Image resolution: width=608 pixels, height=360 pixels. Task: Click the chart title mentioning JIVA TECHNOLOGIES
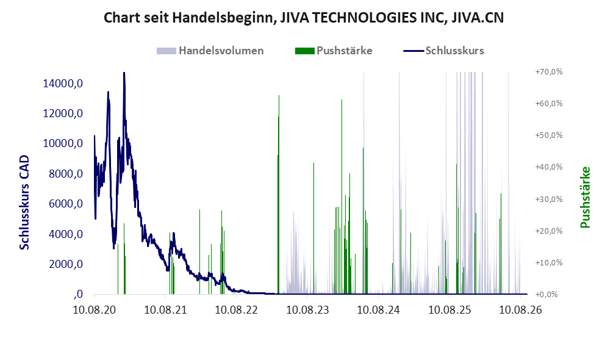pyautogui.click(x=304, y=18)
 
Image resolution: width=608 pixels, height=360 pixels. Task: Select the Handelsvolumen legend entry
pyautogui.click(x=210, y=51)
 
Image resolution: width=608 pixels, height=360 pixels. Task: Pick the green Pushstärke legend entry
pyautogui.click(x=334, y=51)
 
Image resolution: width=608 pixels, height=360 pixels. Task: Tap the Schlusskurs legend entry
pyautogui.click(x=443, y=51)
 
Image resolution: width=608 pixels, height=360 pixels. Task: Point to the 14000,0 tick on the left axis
pyautogui.click(x=63, y=84)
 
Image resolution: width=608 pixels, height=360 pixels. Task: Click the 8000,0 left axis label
pyautogui.click(x=66, y=174)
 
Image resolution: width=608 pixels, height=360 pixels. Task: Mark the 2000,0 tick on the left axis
pyautogui.click(x=66, y=264)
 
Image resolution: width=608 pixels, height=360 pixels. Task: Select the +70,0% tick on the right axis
pyautogui.click(x=549, y=72)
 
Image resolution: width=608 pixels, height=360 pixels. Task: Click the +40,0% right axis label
pyautogui.click(x=549, y=167)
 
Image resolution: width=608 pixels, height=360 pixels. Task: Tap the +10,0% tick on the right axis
pyautogui.click(x=549, y=262)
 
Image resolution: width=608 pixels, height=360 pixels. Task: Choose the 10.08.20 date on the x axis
pyautogui.click(x=95, y=310)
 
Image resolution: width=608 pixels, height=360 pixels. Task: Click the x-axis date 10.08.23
pyautogui.click(x=307, y=310)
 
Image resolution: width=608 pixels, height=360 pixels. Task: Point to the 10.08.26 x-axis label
pyautogui.click(x=520, y=310)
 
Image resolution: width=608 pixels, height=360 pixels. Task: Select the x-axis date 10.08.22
pyautogui.click(x=237, y=310)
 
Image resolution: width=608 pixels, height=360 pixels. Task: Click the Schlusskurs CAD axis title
pyautogui.click(x=24, y=202)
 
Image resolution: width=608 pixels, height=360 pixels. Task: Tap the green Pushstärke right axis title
pyautogui.click(x=585, y=198)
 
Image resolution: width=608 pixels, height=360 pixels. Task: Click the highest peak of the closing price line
pyautogui.click(x=124, y=73)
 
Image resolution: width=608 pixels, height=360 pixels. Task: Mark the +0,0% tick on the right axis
pyautogui.click(x=547, y=295)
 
